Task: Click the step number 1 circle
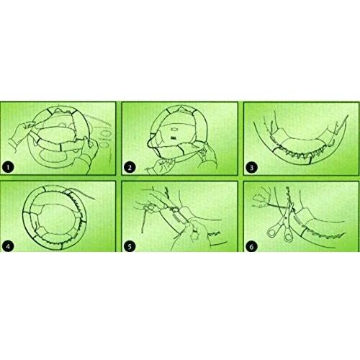[8, 167]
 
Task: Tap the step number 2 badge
[130, 167]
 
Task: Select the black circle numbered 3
[252, 167]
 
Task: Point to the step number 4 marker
[8, 246]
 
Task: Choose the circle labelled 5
[130, 246]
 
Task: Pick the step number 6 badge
[252, 246]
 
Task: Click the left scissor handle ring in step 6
[272, 233]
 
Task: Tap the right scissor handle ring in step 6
[288, 237]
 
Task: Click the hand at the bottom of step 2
[160, 166]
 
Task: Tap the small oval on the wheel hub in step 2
[174, 129]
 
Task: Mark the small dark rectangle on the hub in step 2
[173, 138]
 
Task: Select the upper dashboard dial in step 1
[105, 134]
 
